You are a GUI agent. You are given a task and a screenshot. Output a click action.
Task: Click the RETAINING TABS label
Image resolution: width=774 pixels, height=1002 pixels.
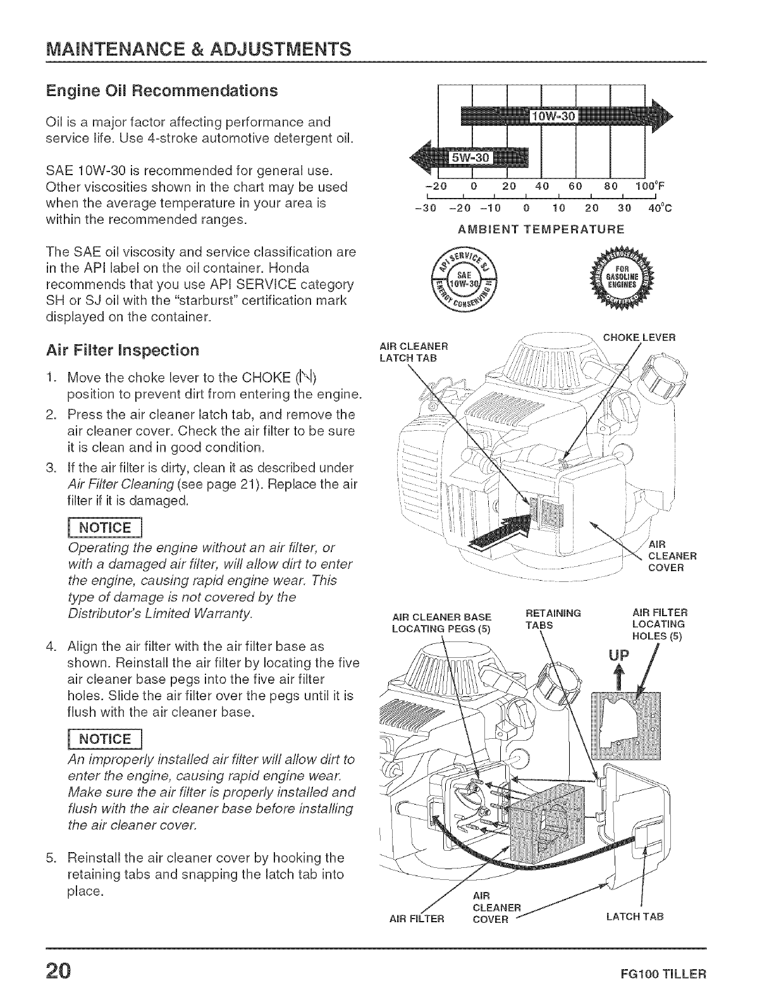tap(551, 619)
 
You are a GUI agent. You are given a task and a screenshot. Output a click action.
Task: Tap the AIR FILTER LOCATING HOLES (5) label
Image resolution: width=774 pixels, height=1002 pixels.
tap(660, 624)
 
